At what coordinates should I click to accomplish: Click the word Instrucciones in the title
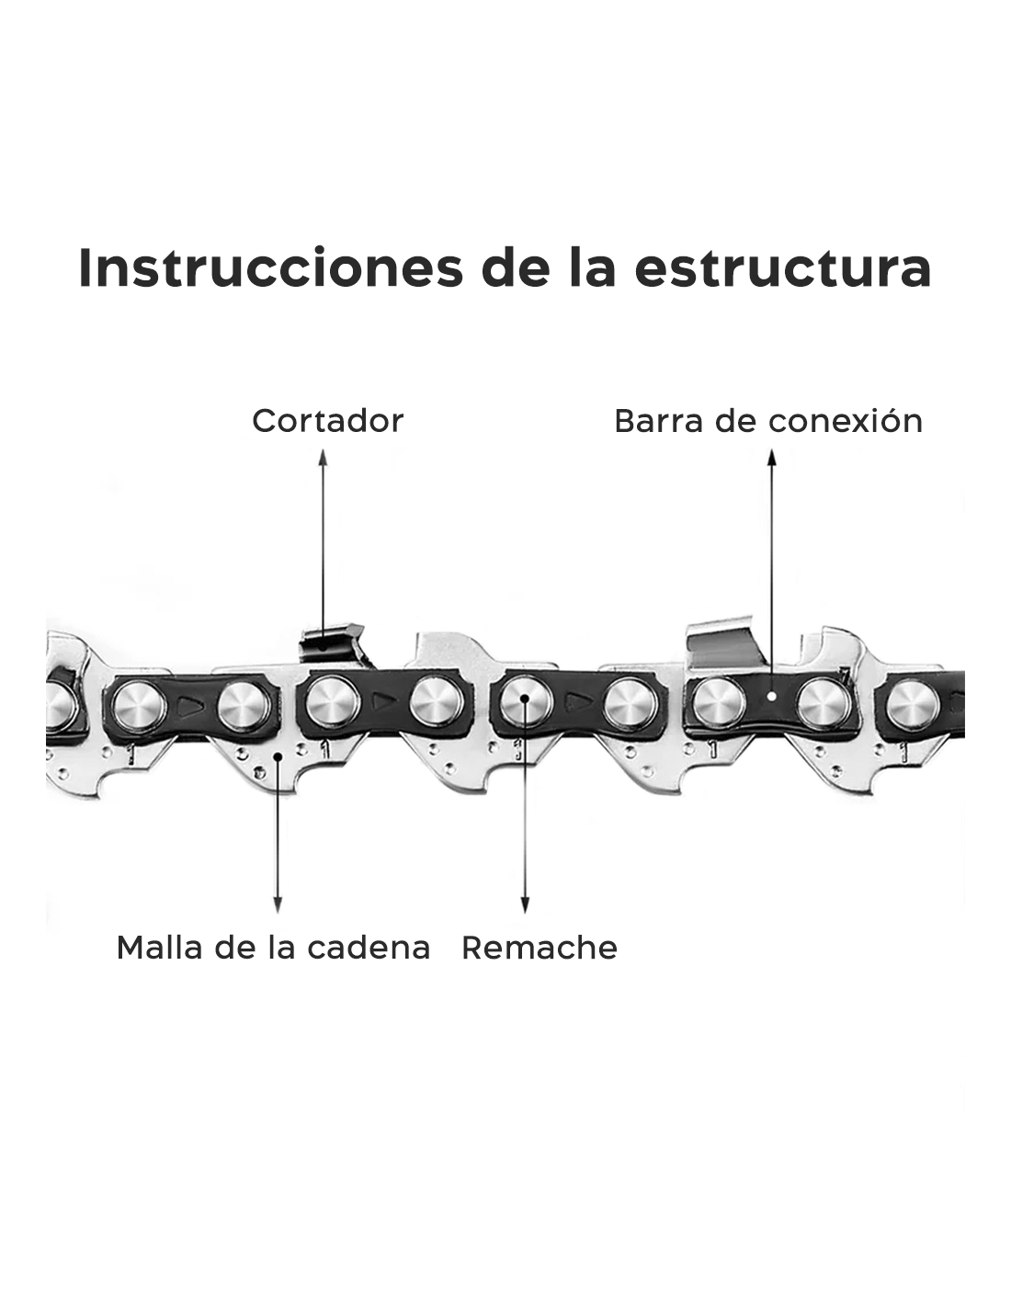click(270, 267)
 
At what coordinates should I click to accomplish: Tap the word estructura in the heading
click(782, 268)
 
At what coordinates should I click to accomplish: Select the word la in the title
click(592, 267)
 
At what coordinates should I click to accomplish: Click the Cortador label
click(328, 421)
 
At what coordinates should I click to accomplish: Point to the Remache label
click(540, 948)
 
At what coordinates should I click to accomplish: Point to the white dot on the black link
click(772, 697)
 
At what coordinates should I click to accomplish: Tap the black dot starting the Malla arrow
click(278, 756)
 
